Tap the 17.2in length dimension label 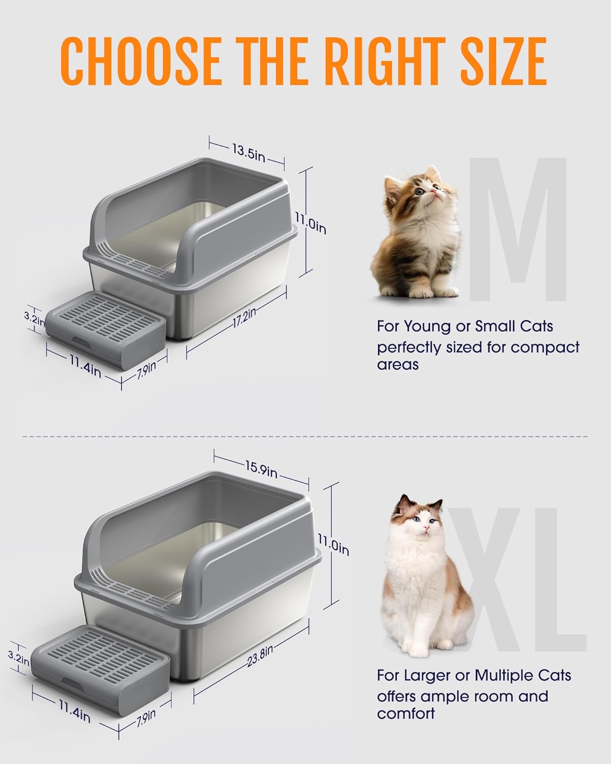point(244,320)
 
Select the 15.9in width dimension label point(260,469)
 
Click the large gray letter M point(517,229)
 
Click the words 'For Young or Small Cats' point(465,326)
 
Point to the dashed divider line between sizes point(305,436)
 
